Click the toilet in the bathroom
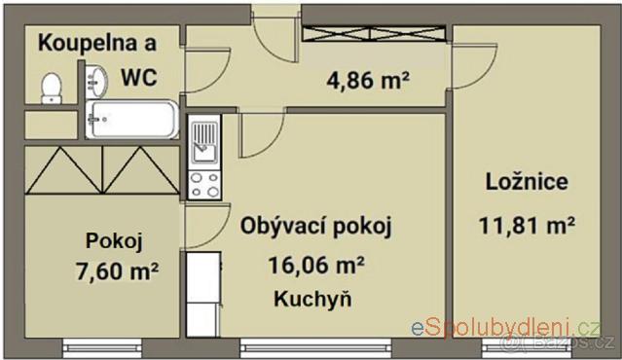point(52,89)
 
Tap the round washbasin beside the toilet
point(96,82)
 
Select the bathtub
point(132,120)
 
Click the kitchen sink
point(204,142)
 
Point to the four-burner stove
point(204,185)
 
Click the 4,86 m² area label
point(368,81)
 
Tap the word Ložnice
point(527,182)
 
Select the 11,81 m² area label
point(527,226)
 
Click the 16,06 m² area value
point(316,265)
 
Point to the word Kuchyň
point(312,299)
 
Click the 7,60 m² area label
point(117,271)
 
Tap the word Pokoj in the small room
point(114,241)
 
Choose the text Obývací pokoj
point(315,227)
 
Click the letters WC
point(139,77)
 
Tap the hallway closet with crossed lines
point(374,34)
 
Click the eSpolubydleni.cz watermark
point(506,328)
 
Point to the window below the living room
point(315,348)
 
